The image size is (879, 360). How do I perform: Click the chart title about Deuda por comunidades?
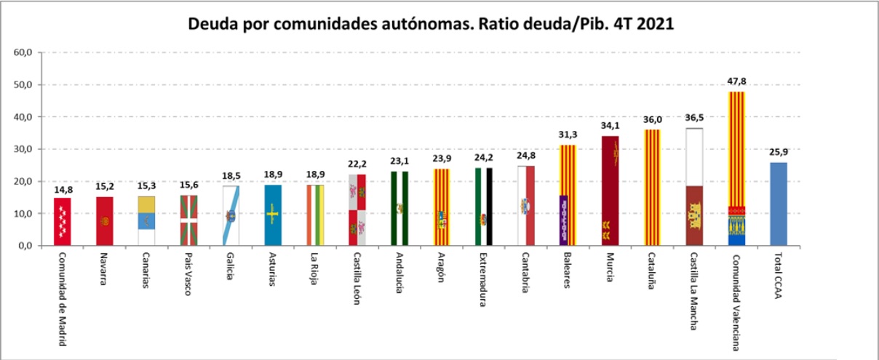click(x=431, y=23)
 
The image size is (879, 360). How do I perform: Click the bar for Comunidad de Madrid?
click(x=63, y=222)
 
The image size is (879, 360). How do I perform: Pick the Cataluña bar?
click(x=652, y=188)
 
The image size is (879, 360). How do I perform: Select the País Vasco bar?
click(x=188, y=220)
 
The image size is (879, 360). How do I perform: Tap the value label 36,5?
click(x=695, y=119)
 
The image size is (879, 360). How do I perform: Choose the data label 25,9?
click(x=779, y=153)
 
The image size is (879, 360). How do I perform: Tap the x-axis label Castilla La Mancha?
click(x=694, y=291)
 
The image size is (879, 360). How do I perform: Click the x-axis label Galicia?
click(x=231, y=270)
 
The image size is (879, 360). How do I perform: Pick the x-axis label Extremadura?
click(x=483, y=280)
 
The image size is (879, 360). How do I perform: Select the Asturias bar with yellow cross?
click(x=273, y=215)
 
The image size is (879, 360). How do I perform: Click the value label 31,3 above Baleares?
click(x=568, y=136)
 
